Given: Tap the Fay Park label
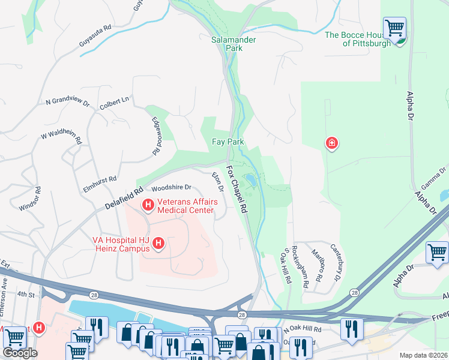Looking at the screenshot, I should (x=227, y=142).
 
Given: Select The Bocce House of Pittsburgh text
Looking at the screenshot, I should (x=357, y=39).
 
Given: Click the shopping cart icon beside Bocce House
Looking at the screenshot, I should (x=394, y=28).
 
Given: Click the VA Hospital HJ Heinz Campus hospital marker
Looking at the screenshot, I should (x=158, y=243).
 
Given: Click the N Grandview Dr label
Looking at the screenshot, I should (x=67, y=102).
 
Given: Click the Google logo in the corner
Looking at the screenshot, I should (x=20, y=353).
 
